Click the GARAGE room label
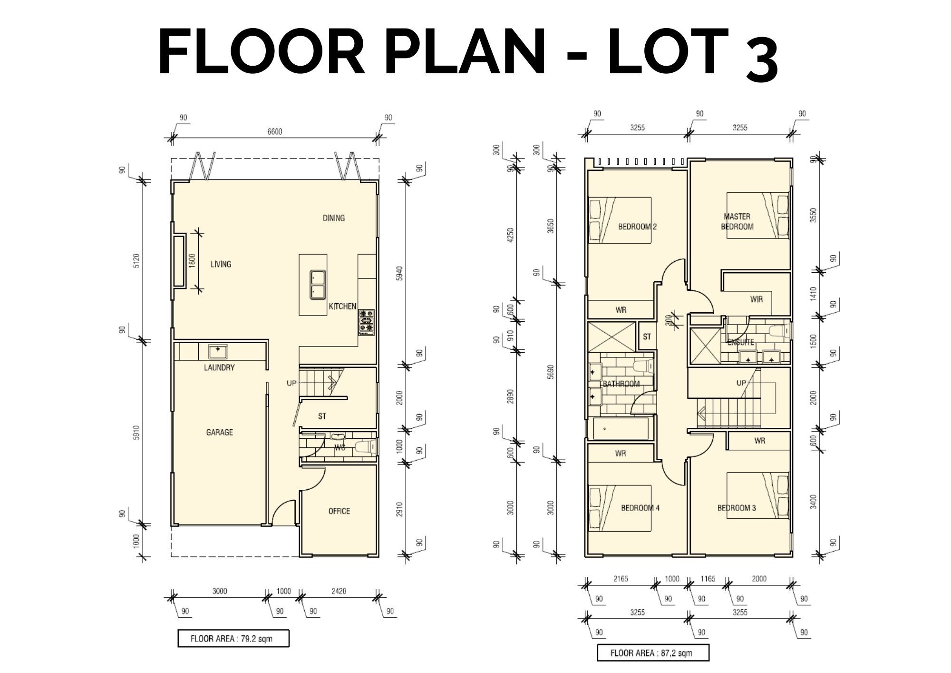coord(219,432)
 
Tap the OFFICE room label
coord(339,511)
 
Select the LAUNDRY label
coord(219,367)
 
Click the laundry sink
coord(218,351)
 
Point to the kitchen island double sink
coord(317,285)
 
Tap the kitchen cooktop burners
coord(367,323)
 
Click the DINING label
coord(334,218)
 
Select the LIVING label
coord(221,264)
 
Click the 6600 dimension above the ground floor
coord(274,131)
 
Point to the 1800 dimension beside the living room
coord(192,261)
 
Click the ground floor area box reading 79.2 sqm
coord(233,639)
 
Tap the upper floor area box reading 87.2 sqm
coord(653,653)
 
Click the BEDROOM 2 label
coord(637,227)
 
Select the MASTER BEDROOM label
coord(737,222)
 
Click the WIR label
coord(757,299)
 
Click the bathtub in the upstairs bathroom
coord(621,428)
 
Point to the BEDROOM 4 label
coord(640,508)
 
